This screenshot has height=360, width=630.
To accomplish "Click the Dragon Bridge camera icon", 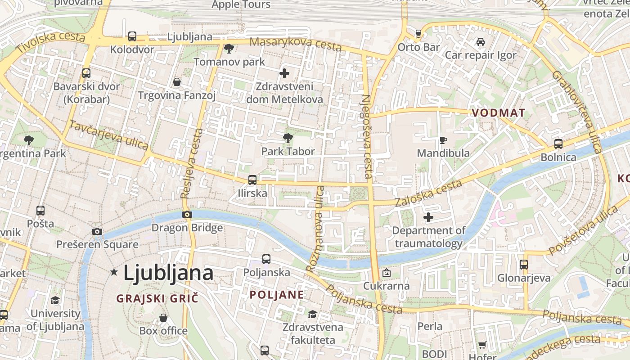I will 187,215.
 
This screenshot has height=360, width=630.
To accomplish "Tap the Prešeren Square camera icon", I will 97,232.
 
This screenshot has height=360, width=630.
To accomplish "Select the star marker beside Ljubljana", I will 114,272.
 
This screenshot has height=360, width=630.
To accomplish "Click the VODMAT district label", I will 499,113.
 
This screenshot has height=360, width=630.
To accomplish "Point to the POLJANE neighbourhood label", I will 277,295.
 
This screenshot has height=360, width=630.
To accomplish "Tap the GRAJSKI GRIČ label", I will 157,298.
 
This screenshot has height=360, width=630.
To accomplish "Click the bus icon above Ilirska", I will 252,180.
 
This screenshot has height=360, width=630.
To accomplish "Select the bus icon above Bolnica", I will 558,144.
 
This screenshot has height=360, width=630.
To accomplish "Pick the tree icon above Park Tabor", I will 288,138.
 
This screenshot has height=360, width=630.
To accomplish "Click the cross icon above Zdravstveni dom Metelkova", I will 284,73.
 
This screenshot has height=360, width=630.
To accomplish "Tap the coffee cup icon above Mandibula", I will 443,140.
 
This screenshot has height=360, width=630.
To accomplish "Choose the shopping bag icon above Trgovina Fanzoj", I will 177,82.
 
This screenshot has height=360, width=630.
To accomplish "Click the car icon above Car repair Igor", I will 481,42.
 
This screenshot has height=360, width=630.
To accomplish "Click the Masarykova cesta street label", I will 295,44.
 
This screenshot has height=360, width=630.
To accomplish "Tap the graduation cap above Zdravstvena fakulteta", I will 312,314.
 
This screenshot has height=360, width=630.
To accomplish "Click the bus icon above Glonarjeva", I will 524,265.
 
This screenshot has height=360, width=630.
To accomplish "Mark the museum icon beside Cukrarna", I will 386,273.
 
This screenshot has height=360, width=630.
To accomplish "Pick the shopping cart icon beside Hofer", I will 482,345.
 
